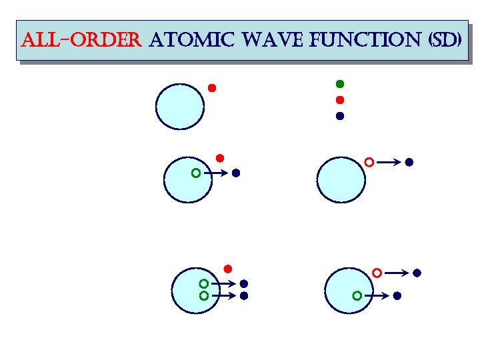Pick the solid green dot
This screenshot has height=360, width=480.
tap(339, 84)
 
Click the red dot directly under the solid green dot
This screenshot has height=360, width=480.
tap(339, 100)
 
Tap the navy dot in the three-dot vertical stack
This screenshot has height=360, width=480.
tap(339, 116)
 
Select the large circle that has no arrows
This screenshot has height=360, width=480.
tap(180, 106)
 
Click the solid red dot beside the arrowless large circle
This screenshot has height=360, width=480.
tap(212, 88)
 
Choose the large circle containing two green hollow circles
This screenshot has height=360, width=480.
tap(195, 289)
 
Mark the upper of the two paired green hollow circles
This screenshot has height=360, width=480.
tap(204, 283)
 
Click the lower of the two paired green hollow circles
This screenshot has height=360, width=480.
tap(204, 295)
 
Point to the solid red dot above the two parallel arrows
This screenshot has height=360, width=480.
tap(227, 269)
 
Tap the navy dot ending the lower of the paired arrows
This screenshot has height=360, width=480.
tap(244, 295)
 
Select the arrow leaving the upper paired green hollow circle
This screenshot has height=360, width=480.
tap(223, 283)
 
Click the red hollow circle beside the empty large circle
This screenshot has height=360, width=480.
tap(369, 161)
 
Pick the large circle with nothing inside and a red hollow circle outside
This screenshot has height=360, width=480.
tap(341, 179)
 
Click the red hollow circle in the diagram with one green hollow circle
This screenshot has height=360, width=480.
tap(377, 273)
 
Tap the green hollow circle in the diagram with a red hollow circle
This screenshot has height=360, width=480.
tap(357, 295)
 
